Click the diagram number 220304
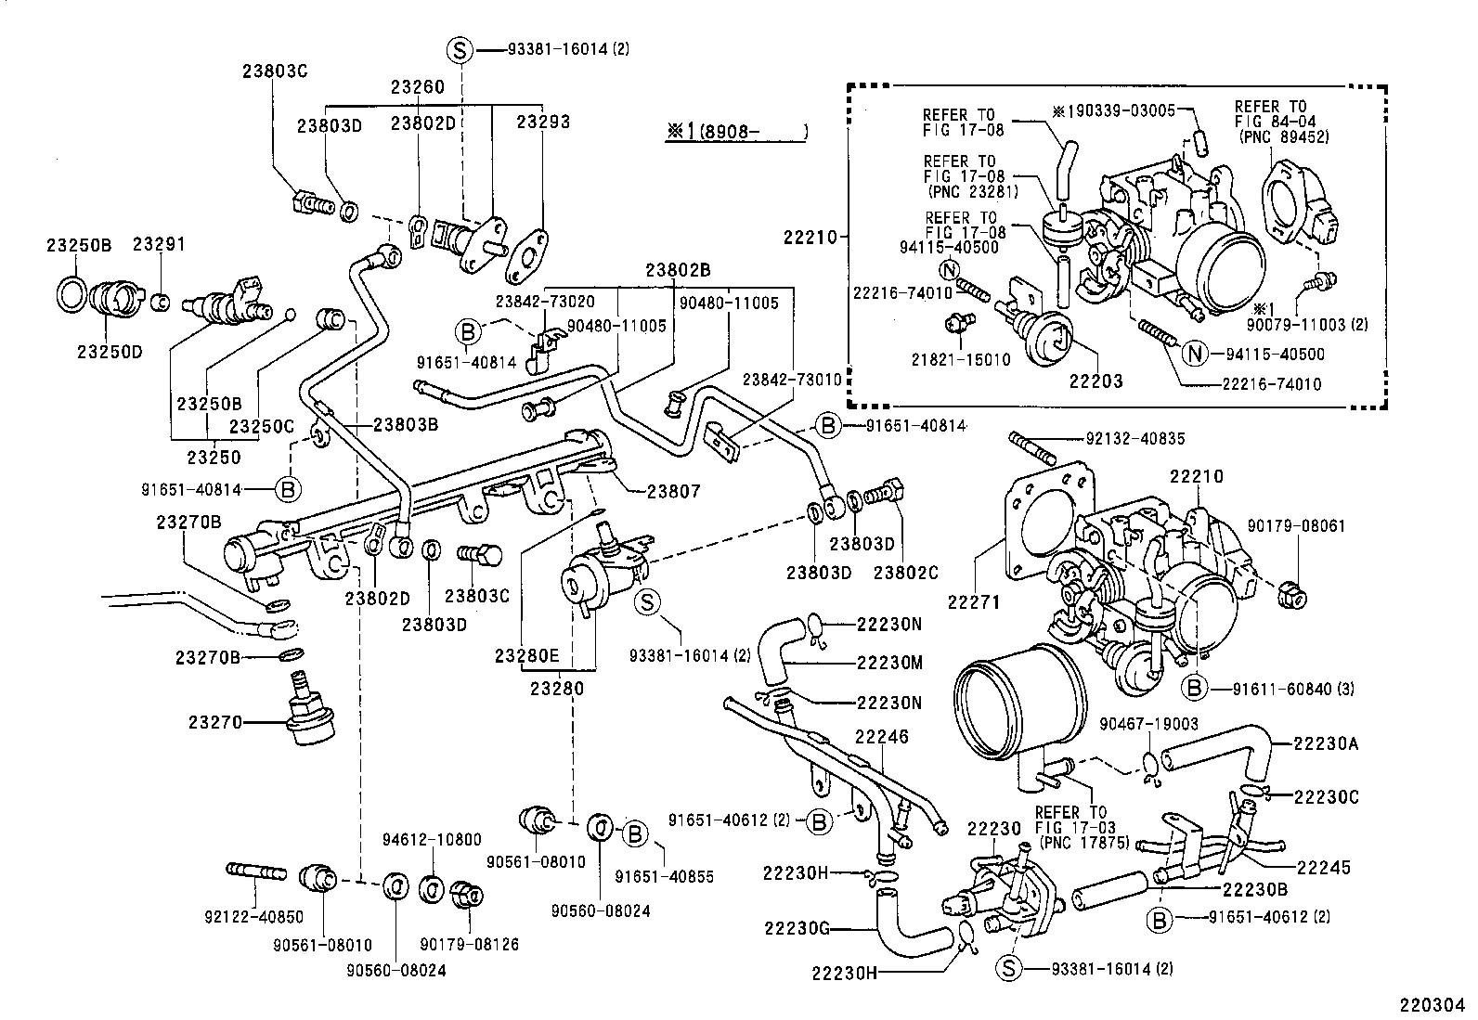1433,1004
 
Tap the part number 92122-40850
253,917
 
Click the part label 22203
1096,381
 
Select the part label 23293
543,122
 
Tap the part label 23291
159,245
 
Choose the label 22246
881,737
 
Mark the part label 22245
1323,868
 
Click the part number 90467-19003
1148,724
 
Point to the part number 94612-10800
432,840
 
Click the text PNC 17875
1083,843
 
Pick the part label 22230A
1326,742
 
